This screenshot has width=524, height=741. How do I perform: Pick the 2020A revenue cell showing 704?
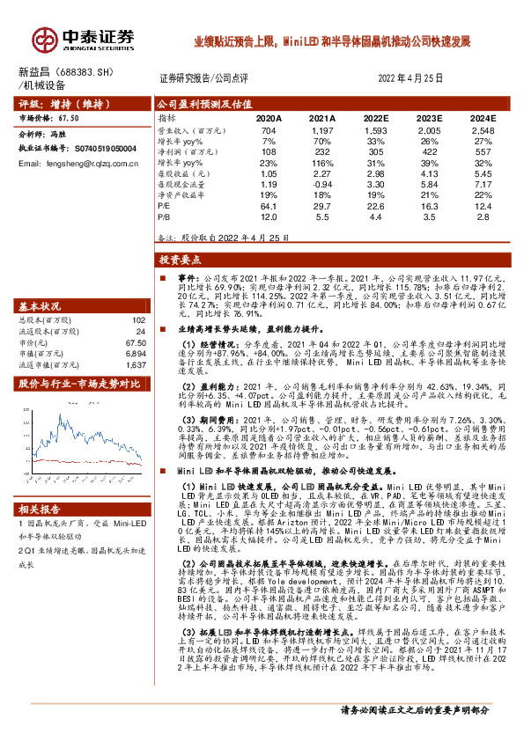(269, 130)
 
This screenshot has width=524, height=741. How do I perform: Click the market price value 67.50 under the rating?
(69, 116)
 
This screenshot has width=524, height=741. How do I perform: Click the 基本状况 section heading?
(40, 305)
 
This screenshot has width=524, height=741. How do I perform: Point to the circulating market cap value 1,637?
(136, 363)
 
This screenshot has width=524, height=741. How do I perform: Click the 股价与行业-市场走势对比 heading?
(79, 384)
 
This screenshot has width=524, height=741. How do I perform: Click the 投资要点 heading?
(180, 260)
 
